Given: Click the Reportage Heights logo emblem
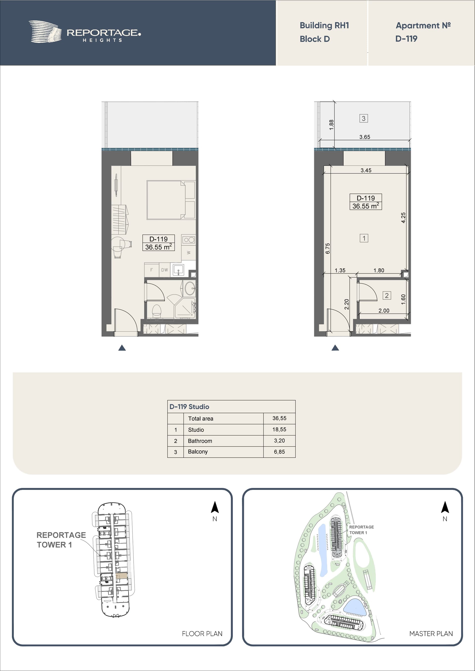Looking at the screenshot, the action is tap(45, 32).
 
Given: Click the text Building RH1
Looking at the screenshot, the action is tap(324, 25).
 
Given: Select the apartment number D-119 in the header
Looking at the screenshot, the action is tap(406, 39).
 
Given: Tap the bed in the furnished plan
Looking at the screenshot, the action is tap(171, 200).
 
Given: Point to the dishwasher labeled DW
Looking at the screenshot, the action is tap(165, 270).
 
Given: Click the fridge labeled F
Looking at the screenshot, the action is tap(152, 270).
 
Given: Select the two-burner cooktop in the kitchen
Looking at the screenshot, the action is tap(189, 240).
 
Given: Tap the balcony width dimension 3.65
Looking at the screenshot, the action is tap(365, 137).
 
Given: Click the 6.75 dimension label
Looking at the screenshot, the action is tap(328, 248).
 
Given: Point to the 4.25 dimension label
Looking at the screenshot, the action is tap(403, 218).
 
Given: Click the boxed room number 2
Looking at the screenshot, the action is tap(387, 295).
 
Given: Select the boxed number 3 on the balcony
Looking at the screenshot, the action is tap(363, 118).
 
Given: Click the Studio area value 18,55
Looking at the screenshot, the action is tap(279, 429).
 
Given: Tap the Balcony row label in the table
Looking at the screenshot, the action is tap(198, 452).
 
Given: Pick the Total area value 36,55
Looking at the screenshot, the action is tap(279, 418).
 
